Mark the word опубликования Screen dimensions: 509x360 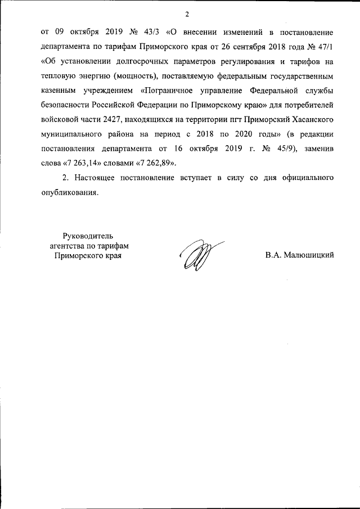(70, 192)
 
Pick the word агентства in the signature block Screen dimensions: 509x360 (63, 246)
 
